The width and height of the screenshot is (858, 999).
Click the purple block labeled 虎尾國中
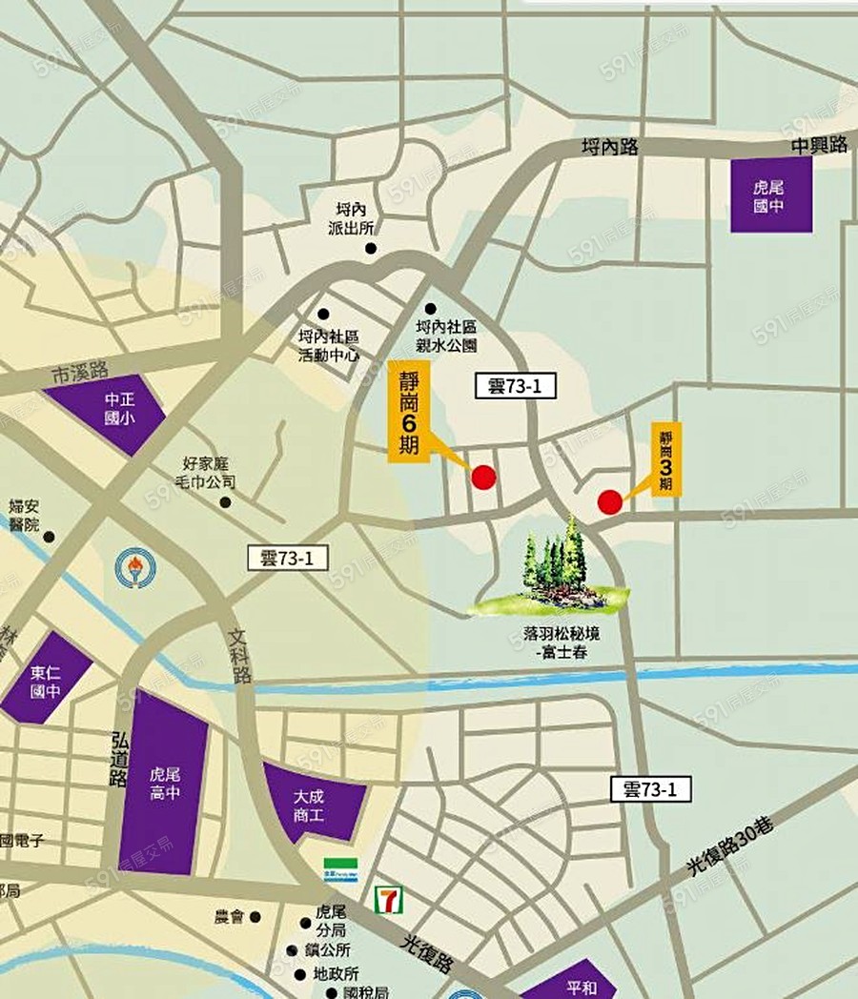tap(771, 195)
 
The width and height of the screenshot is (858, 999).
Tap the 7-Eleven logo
tap(388, 898)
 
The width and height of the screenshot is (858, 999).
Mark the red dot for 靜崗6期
tap(484, 477)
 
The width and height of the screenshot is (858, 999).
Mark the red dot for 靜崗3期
tap(610, 501)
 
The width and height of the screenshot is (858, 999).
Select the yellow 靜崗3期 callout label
tap(665, 459)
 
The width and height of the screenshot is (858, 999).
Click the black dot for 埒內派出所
tap(371, 249)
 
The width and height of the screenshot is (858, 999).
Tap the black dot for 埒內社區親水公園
tap(431, 309)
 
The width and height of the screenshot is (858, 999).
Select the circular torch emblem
tap(133, 567)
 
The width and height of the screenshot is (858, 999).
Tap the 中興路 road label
tap(819, 145)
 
